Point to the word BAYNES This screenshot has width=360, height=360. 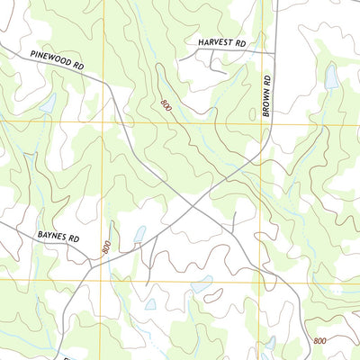click(53, 238)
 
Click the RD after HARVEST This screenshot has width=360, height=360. click(240, 42)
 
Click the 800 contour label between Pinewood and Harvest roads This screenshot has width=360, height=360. click(166, 105)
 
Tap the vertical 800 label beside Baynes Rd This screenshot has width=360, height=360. click(106, 247)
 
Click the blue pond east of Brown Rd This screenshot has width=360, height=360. click(331, 79)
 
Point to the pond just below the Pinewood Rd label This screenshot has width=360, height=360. click(47, 102)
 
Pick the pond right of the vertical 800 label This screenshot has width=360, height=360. click(139, 235)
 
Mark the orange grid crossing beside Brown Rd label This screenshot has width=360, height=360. click(266, 121)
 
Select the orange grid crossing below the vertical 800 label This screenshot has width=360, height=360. click(113, 280)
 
